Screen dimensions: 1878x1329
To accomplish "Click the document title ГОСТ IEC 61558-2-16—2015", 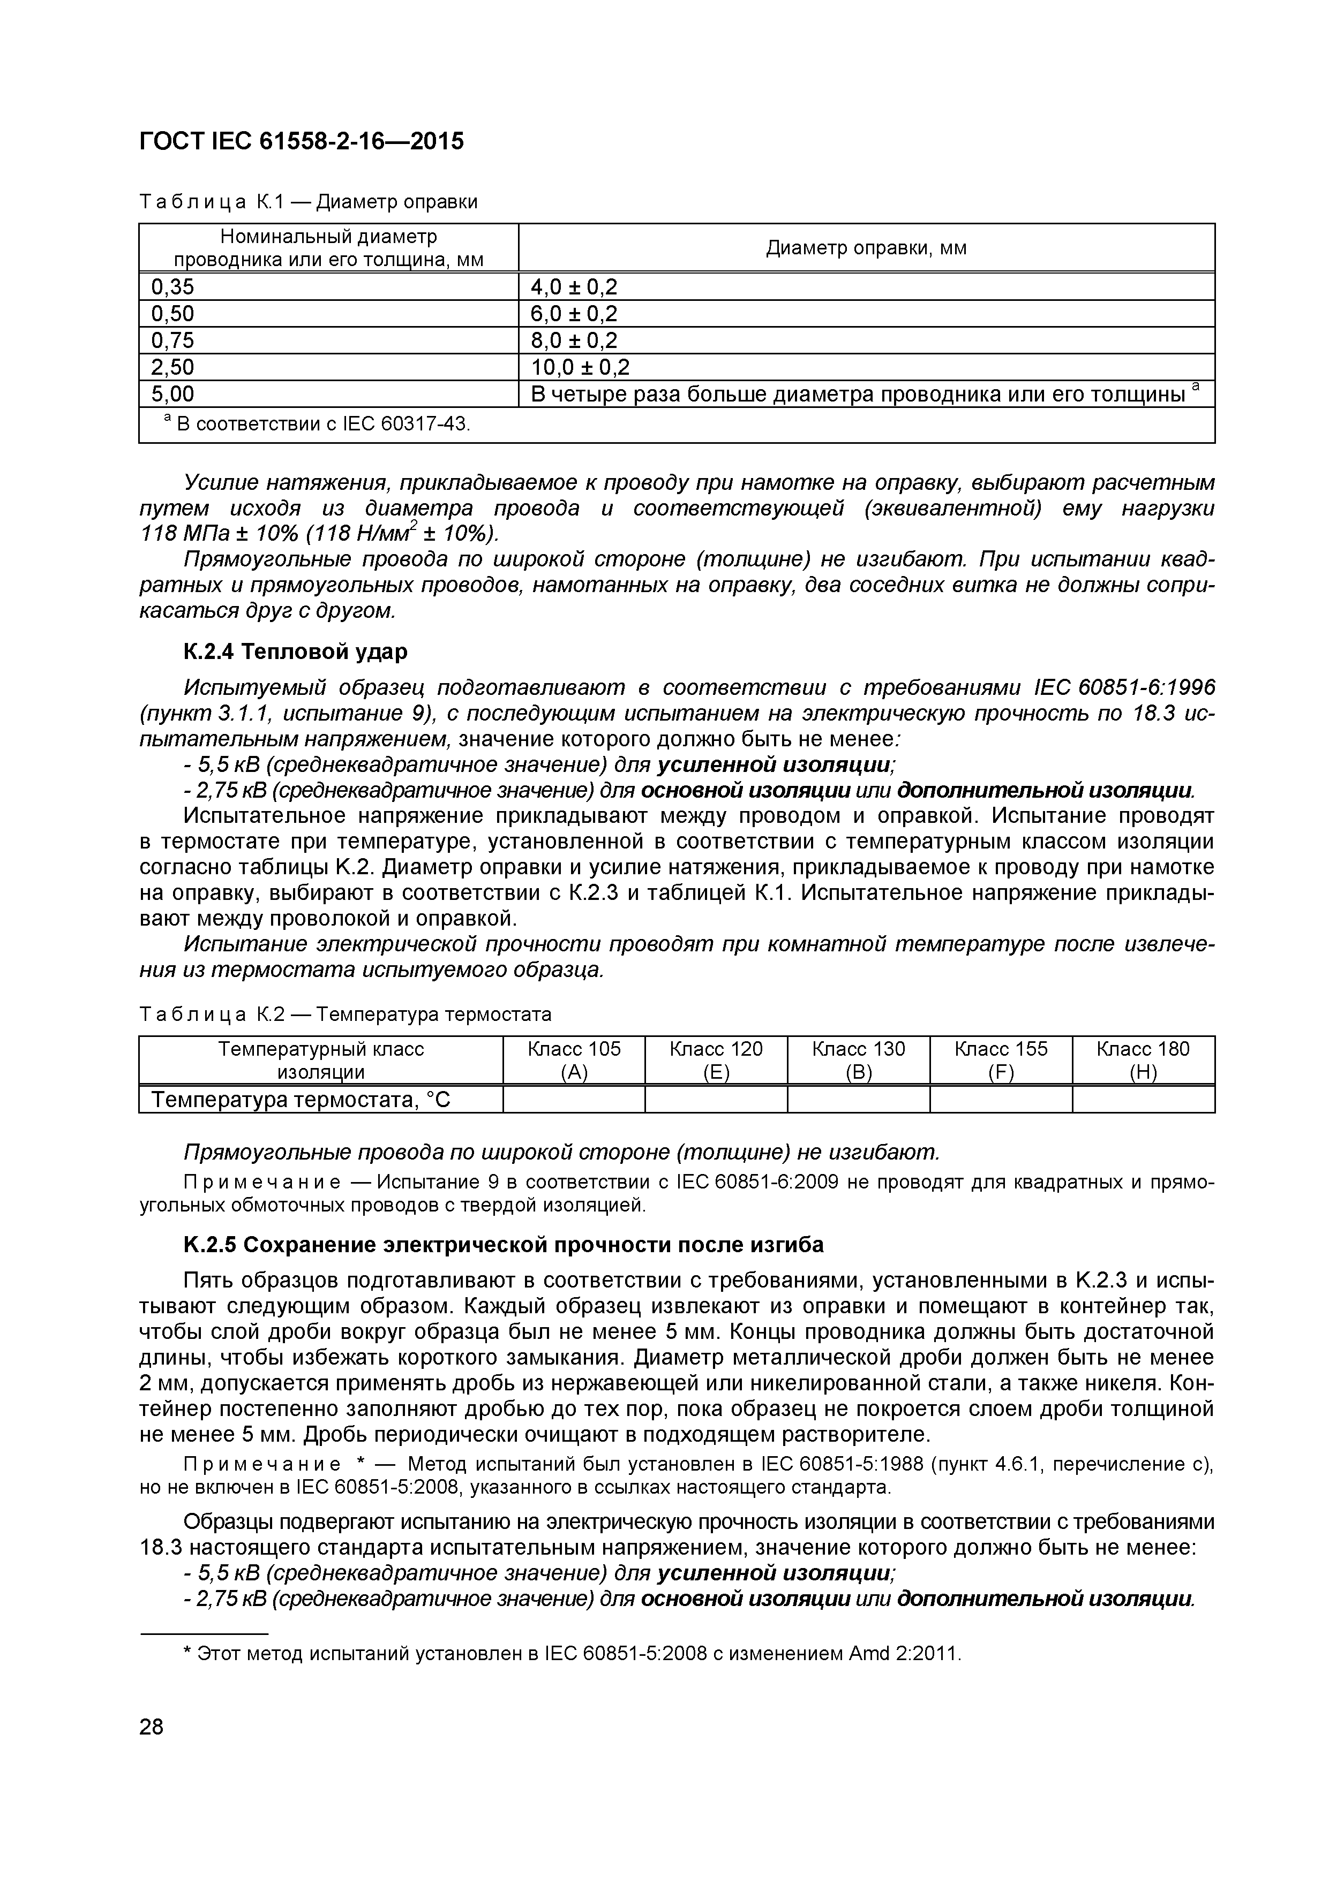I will (x=301, y=141).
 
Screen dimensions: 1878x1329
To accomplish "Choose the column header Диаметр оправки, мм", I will (x=866, y=248).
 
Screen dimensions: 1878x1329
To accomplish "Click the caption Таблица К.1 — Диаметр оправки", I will (x=309, y=201).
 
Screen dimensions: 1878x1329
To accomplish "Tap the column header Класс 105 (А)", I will (x=574, y=1060).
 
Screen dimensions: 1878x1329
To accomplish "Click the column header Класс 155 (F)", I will (x=1000, y=1060).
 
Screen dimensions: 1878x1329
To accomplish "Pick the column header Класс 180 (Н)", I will (x=1143, y=1060).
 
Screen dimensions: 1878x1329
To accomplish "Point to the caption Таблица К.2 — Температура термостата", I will (x=346, y=1014).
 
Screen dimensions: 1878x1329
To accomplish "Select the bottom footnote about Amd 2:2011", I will (x=573, y=1653).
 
